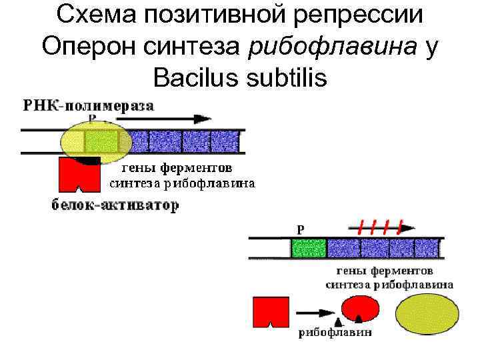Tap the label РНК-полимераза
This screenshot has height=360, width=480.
[89, 105]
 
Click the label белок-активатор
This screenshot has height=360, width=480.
[115, 205]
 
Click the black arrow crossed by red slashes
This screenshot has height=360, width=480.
[377, 227]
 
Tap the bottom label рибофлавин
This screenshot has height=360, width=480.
[335, 332]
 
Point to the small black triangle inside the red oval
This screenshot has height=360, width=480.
[360, 319]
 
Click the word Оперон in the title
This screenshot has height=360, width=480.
[86, 47]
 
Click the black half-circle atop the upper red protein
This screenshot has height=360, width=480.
[87, 160]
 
